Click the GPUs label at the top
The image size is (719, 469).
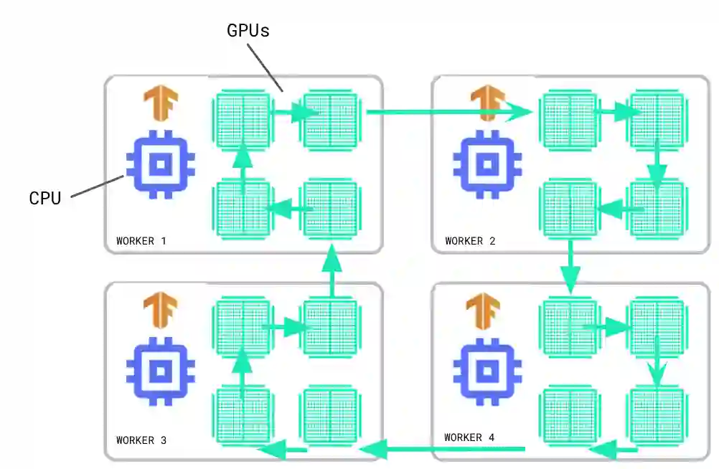click(248, 31)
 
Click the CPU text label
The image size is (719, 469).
click(44, 198)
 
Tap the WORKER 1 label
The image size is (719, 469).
click(141, 241)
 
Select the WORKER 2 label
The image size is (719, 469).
click(470, 241)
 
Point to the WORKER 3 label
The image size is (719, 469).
click(141, 440)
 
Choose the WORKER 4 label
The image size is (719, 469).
click(469, 437)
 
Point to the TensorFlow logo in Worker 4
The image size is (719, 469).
click(483, 310)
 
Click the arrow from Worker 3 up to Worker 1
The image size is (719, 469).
click(332, 269)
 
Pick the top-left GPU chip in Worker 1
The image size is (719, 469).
click(243, 119)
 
